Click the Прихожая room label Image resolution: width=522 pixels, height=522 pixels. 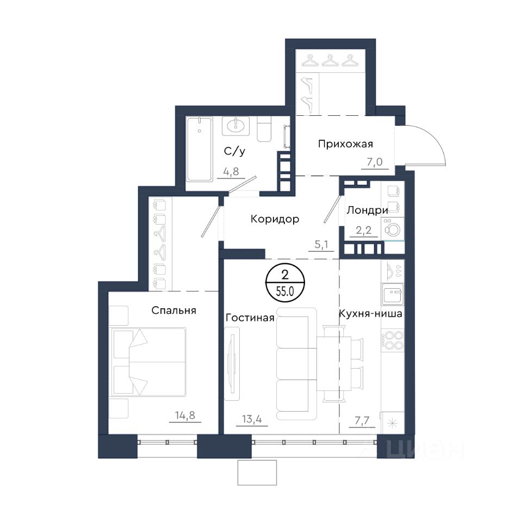[x=345, y=144]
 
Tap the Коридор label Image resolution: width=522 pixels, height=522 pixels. [x=275, y=219]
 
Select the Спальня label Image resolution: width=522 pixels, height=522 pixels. [x=174, y=310]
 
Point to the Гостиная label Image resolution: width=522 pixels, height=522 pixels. [x=250, y=318]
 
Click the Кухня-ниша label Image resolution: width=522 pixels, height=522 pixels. [x=370, y=314]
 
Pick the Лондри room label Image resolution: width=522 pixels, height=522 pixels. [x=368, y=210]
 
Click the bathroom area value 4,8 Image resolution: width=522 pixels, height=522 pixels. [x=231, y=171]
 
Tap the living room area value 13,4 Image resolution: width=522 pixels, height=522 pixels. [x=252, y=419]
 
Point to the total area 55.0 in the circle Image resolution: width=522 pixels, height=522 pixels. [x=284, y=291]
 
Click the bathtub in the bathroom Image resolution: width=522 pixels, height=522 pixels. [x=199, y=149]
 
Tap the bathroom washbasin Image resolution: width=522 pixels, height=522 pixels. [x=236, y=126]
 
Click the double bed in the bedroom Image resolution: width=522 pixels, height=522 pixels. [x=148, y=362]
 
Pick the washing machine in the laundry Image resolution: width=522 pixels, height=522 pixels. [x=393, y=229]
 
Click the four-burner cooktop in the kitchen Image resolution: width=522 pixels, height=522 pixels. [x=393, y=341]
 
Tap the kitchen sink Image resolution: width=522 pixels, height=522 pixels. [x=393, y=294]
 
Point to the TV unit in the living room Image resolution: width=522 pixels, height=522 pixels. [x=232, y=363]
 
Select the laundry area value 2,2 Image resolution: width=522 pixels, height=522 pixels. [x=364, y=230]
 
